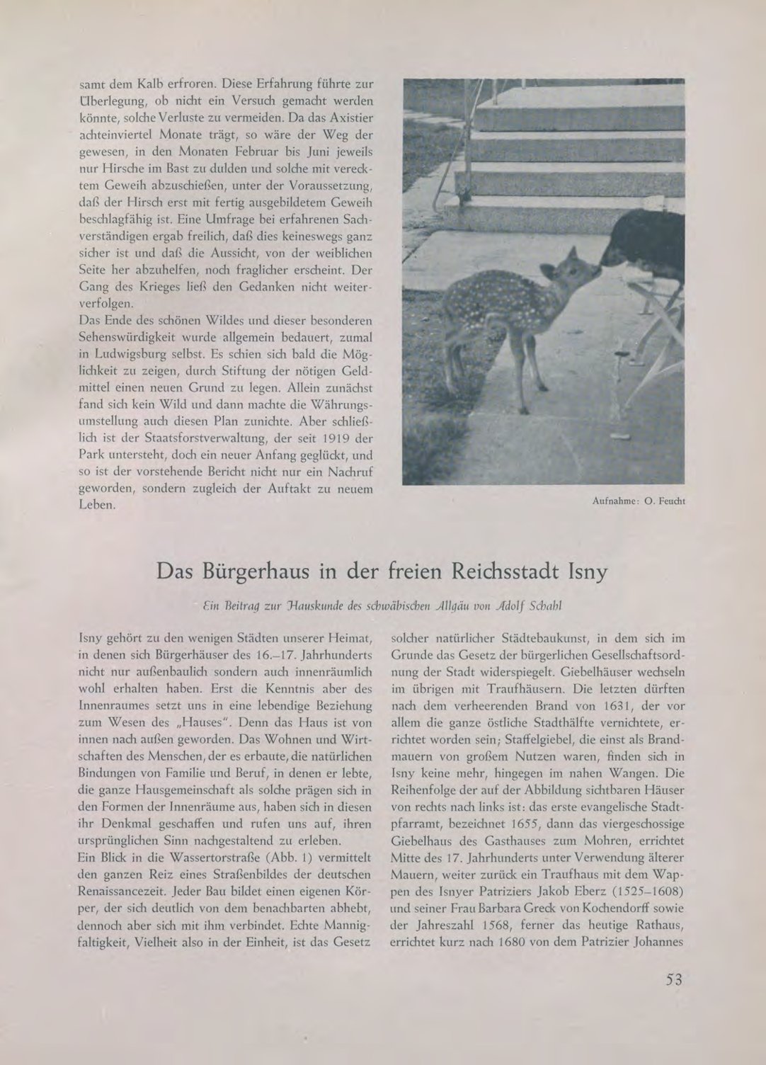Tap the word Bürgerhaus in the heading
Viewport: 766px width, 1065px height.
261,570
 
